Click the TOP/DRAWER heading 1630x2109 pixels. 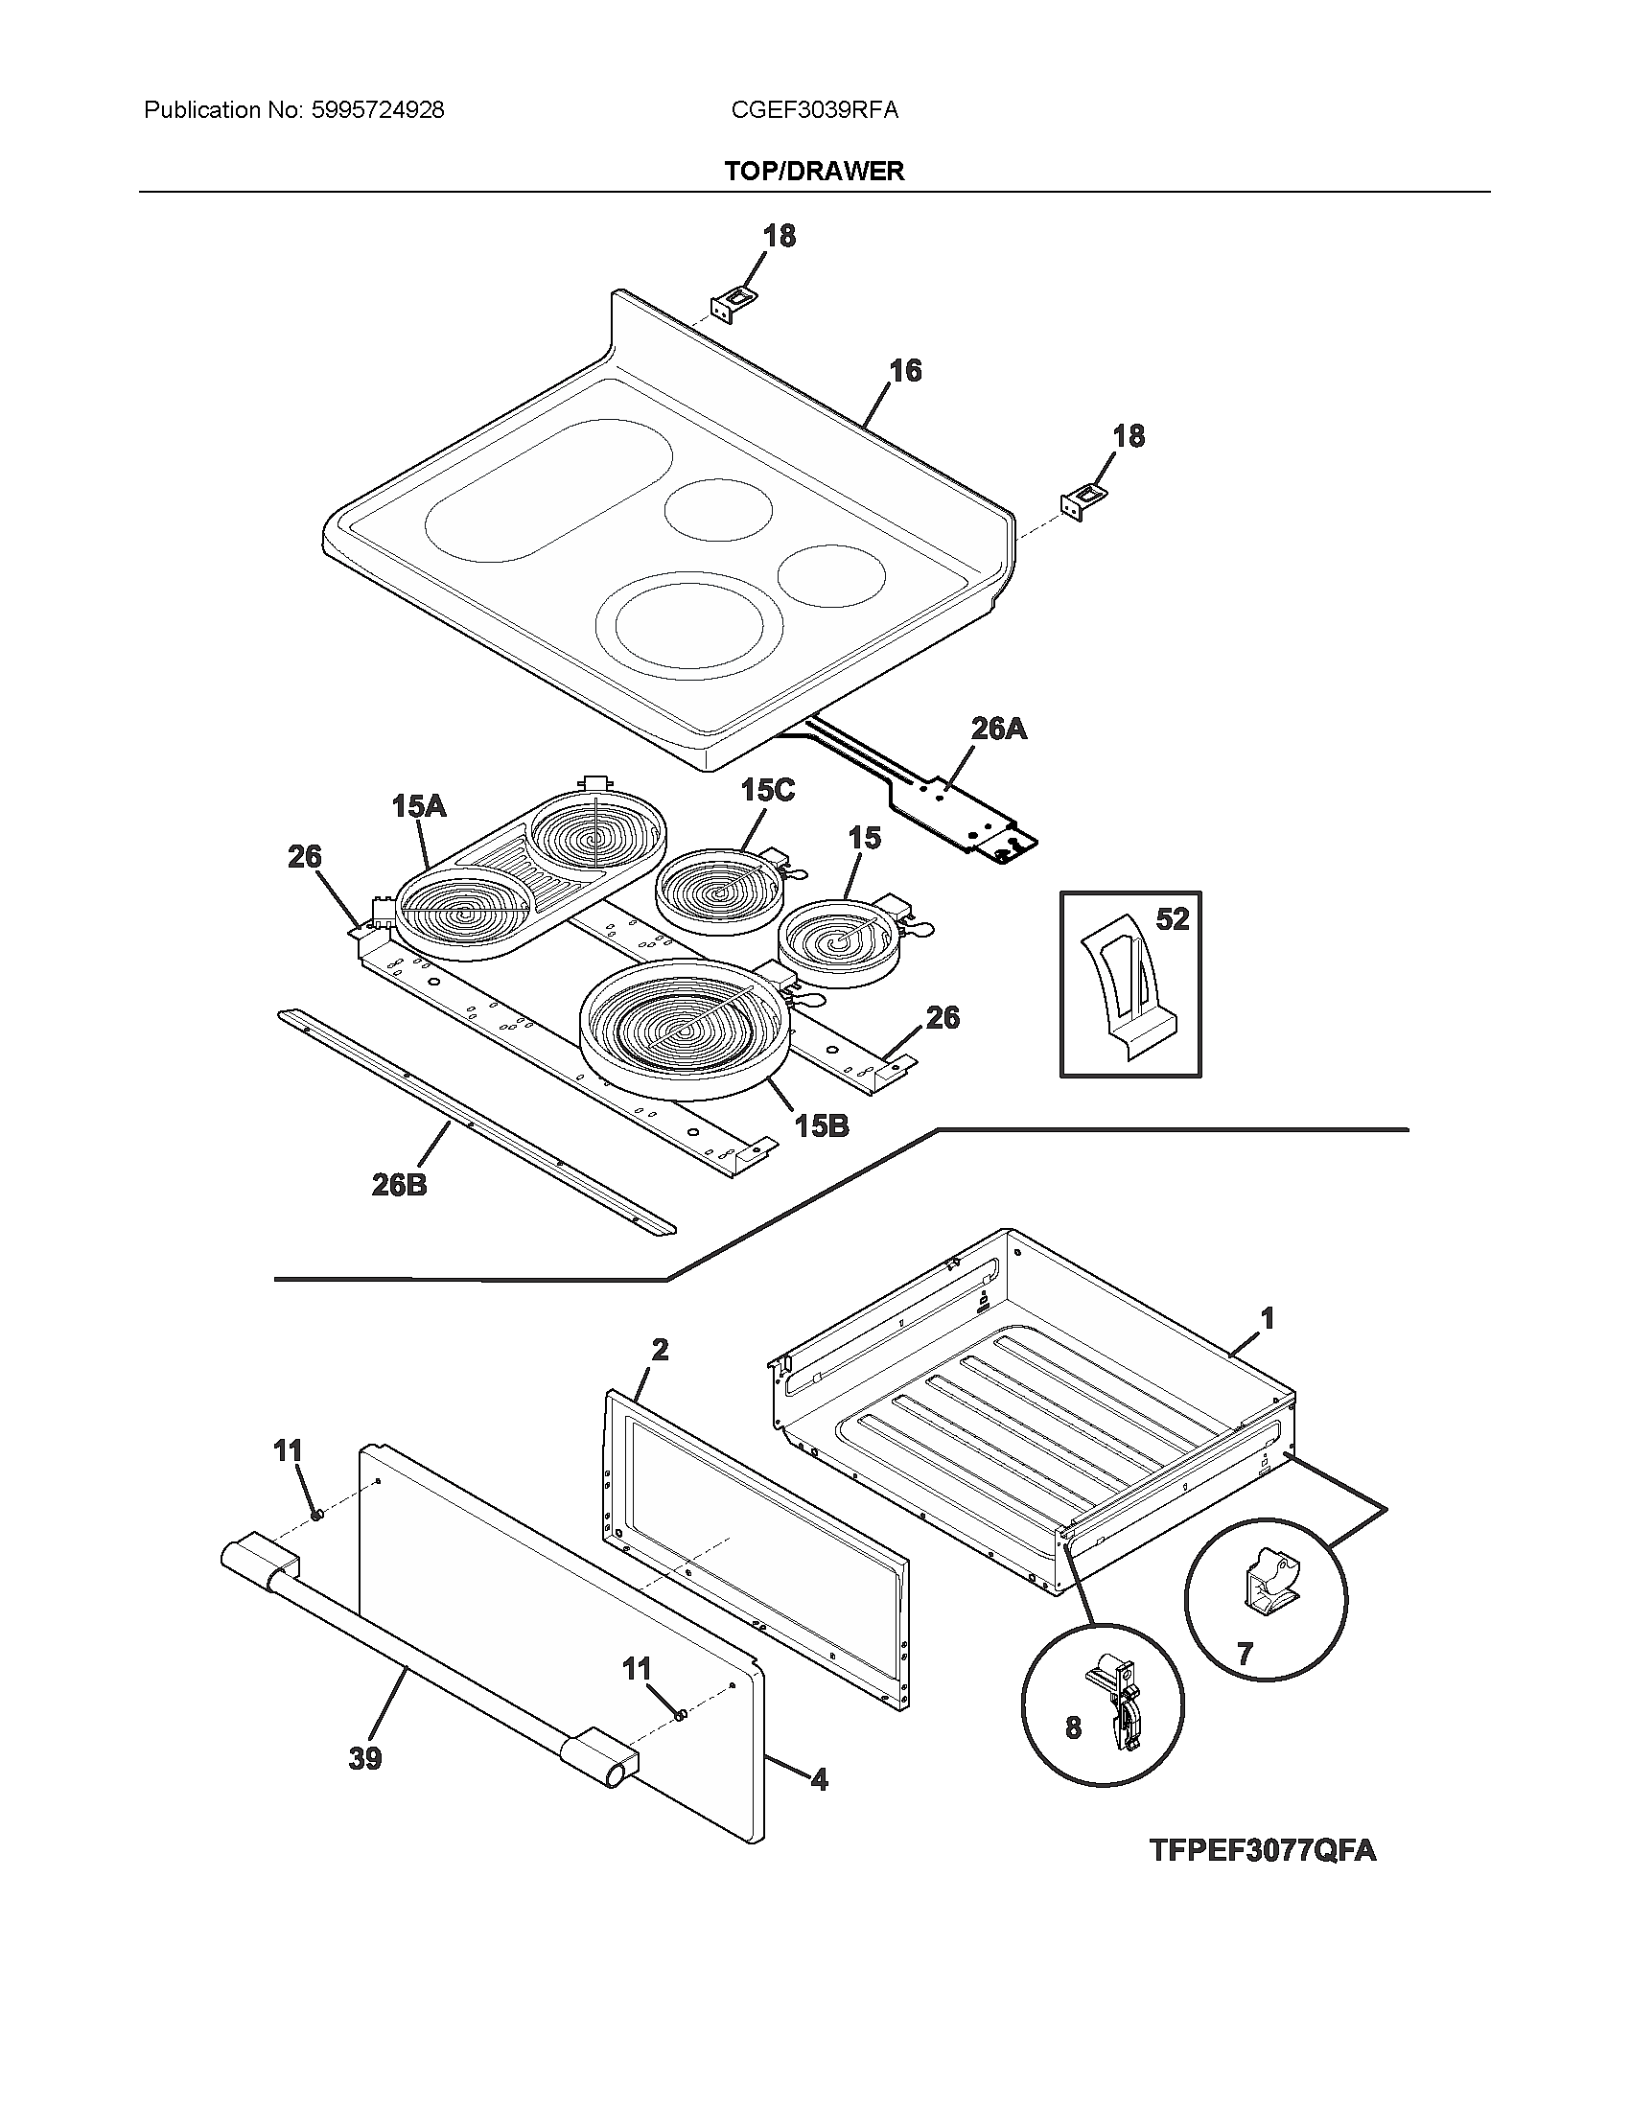coord(814,171)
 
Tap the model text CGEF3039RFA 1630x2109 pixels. coord(814,110)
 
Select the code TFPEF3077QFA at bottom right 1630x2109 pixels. coord(1262,1851)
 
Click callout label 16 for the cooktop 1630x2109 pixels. coord(905,371)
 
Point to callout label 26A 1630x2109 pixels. coord(998,730)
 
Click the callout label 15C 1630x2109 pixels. coord(768,791)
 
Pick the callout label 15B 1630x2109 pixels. coord(821,1125)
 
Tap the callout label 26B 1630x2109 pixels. coord(399,1185)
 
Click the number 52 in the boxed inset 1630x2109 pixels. coord(1172,919)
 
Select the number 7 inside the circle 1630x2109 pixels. coord(1245,1655)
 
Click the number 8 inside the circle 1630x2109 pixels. coord(1073,1727)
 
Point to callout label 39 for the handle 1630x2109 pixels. coord(365,1758)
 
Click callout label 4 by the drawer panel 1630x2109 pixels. coord(819,1778)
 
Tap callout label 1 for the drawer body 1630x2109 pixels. coord(1268,1318)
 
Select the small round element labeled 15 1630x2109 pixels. coord(839,936)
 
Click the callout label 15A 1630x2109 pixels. coord(419,806)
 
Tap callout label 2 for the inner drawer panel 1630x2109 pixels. coord(660,1349)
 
